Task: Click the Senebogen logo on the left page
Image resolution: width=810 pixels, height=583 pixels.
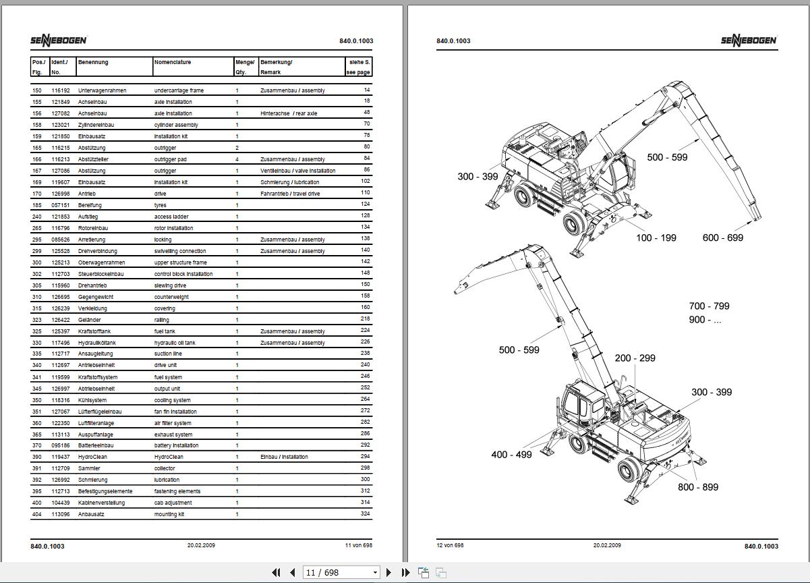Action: click(x=58, y=40)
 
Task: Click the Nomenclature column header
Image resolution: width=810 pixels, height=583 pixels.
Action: click(x=173, y=62)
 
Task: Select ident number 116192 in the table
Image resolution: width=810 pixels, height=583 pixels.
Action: click(x=61, y=90)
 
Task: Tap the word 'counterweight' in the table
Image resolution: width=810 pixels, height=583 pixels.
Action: click(x=171, y=297)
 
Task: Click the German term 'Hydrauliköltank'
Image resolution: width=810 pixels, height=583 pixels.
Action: click(x=97, y=343)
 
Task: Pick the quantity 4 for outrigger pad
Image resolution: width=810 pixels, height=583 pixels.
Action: click(x=237, y=159)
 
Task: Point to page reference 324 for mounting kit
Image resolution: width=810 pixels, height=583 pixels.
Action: click(x=366, y=514)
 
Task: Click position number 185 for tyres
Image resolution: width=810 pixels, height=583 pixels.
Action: click(x=36, y=204)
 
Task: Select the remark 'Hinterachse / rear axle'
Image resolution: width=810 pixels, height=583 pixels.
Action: click(x=289, y=113)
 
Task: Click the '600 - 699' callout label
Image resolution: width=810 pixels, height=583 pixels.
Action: click(x=722, y=238)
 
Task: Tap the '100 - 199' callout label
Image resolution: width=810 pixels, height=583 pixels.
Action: click(x=656, y=238)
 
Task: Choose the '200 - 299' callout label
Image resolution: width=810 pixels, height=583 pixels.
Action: click(x=635, y=358)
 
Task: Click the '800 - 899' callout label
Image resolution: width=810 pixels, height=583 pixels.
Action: click(x=698, y=487)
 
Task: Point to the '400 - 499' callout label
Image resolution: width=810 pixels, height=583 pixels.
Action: click(x=511, y=455)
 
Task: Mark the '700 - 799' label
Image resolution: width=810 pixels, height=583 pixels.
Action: click(x=709, y=306)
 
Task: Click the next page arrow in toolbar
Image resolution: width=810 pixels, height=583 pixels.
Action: click(x=388, y=572)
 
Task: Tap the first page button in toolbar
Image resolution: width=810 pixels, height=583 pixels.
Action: click(x=276, y=572)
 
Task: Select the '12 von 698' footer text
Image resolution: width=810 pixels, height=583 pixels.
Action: click(x=450, y=545)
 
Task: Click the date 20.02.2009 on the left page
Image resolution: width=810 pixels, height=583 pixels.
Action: click(x=202, y=545)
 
